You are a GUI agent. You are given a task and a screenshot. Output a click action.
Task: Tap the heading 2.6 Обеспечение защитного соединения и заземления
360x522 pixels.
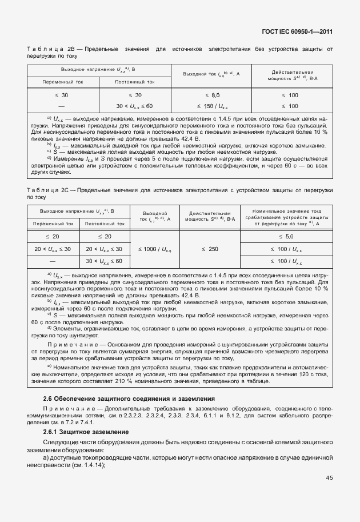[129, 398]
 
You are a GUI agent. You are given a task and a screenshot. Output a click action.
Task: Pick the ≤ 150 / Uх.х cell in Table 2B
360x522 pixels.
[212, 106]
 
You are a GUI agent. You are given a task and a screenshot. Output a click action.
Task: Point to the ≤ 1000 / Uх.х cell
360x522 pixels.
[155, 249]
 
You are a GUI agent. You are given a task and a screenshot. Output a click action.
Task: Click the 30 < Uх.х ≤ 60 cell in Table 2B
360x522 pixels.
[134, 106]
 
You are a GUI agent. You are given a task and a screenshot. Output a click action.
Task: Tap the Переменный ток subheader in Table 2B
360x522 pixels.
[63, 82]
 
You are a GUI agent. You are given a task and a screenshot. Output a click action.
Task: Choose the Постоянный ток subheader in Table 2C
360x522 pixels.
[105, 224]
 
